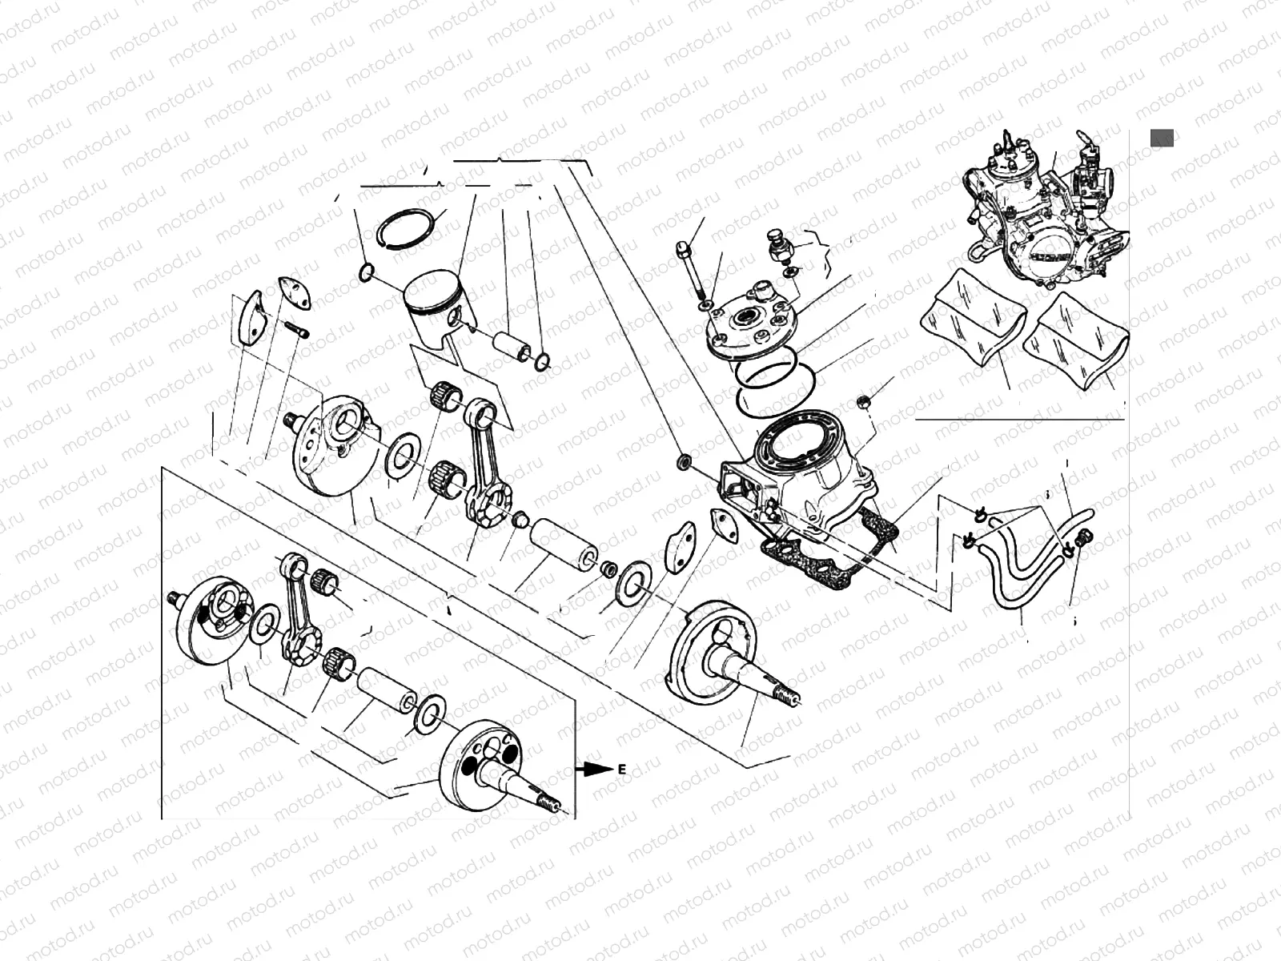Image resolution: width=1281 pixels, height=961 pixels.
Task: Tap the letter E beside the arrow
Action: (620, 769)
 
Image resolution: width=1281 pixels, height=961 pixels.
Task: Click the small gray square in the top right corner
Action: (1162, 137)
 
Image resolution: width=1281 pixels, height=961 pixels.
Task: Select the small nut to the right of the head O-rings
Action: (864, 400)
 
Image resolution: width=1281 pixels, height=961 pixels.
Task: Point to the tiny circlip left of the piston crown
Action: (365, 274)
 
